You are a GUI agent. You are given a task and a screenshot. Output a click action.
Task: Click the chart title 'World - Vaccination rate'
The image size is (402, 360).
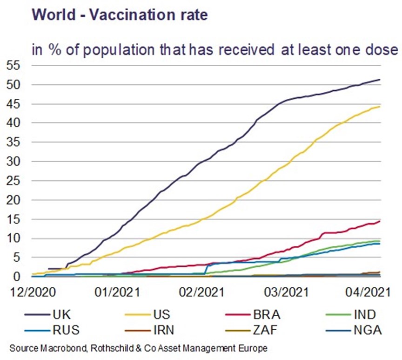pyautogui.click(x=120, y=14)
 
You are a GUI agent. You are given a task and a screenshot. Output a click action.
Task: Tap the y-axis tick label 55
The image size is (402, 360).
pyautogui.click(x=13, y=66)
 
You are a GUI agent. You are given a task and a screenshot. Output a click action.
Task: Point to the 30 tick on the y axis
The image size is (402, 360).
pyautogui.click(x=13, y=162)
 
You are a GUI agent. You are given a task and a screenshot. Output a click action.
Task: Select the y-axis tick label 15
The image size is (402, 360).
pyautogui.click(x=13, y=219)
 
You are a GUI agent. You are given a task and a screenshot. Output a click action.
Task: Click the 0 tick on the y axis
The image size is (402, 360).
pyautogui.click(x=17, y=277)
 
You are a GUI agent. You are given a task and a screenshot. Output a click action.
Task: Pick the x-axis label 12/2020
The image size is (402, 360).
pyautogui.click(x=33, y=292)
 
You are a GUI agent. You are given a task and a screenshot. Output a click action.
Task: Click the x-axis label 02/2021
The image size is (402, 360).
pyautogui.click(x=201, y=292)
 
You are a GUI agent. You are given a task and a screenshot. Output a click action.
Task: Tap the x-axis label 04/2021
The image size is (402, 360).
pyautogui.click(x=368, y=292)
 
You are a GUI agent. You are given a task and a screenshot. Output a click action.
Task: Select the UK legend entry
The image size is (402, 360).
pyautogui.click(x=47, y=314)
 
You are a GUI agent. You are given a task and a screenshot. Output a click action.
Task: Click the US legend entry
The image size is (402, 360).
pyautogui.click(x=147, y=314)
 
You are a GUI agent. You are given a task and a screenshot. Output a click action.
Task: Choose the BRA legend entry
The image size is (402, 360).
pyautogui.click(x=253, y=314)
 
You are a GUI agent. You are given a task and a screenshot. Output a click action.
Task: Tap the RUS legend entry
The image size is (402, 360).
pyautogui.click(x=52, y=330)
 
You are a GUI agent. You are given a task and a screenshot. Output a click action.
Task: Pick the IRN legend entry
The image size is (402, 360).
pyautogui.click(x=149, y=330)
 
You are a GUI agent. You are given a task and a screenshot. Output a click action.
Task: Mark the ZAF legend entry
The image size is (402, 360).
pyautogui.click(x=251, y=330)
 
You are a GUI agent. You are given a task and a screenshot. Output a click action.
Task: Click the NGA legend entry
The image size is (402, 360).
pyautogui.click(x=354, y=330)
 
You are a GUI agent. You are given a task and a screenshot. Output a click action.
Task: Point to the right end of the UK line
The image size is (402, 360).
pyautogui.click(x=380, y=80)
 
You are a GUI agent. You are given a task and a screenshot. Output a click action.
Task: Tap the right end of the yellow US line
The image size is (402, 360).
pyautogui.click(x=380, y=107)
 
